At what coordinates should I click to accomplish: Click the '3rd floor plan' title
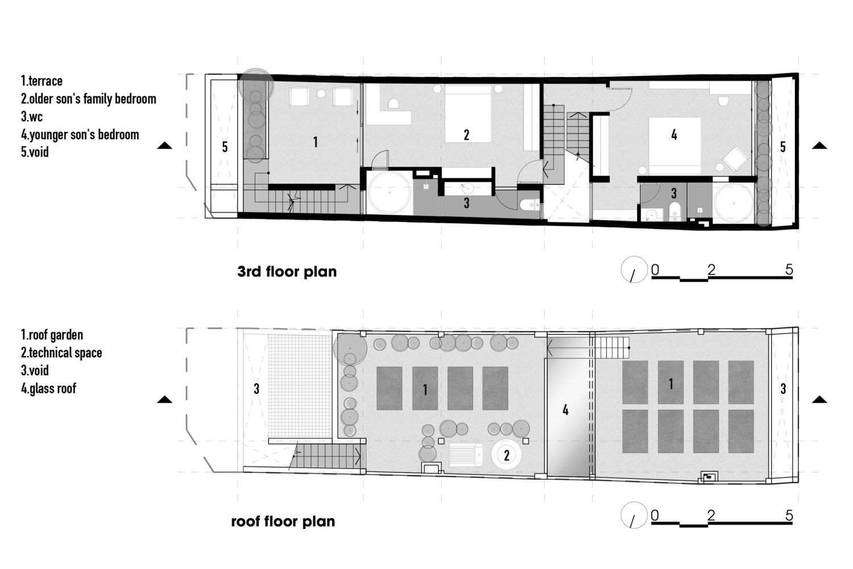pos(287,272)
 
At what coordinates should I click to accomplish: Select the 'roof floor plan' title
pos(283,521)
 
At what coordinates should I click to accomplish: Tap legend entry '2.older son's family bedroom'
pos(88,98)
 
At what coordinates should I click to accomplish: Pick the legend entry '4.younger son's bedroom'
pos(80,134)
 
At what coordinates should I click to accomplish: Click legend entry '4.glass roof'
pos(49,389)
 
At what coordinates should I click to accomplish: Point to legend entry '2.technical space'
pos(61,353)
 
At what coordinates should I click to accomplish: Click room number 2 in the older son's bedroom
pos(466,135)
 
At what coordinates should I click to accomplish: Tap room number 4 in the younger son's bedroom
pos(674,135)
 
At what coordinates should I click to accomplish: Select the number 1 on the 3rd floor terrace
pos(315,142)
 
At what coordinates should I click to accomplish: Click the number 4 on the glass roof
pos(565,410)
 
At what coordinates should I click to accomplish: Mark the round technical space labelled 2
pos(506,455)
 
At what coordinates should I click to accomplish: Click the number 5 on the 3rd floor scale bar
pos(789,270)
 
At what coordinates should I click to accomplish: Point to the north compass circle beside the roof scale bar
pos(634,515)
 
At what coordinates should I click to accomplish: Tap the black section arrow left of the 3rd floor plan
pos(165,145)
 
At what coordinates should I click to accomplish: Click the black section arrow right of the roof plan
pos(819,399)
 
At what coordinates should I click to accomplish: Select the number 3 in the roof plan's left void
pos(256,389)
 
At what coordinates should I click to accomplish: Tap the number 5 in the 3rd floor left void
pos(225,147)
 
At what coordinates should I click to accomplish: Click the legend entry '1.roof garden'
pos(52,335)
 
